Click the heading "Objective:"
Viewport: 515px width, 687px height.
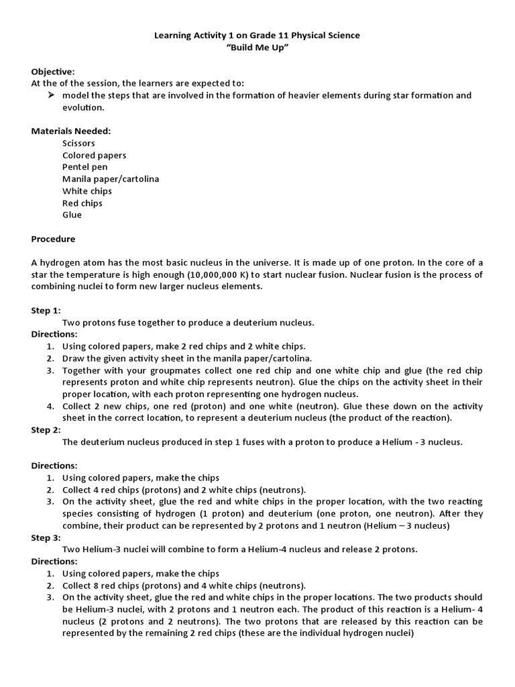click(x=53, y=71)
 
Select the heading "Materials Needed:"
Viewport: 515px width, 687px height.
click(x=71, y=131)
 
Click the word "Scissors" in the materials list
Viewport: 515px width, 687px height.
click(x=78, y=143)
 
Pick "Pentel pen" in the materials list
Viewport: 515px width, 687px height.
click(x=84, y=167)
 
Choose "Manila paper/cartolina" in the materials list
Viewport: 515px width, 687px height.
click(x=111, y=179)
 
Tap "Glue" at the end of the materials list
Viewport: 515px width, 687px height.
click(x=72, y=215)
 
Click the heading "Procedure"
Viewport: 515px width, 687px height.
click(x=54, y=239)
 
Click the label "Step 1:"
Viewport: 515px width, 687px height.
click(x=46, y=311)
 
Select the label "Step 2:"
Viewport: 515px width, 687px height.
click(x=46, y=429)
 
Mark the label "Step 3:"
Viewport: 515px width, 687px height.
click(x=46, y=537)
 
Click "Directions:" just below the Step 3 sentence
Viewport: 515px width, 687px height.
click(x=54, y=561)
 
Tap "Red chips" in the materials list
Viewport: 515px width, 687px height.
click(x=82, y=203)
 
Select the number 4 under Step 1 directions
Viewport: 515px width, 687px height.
click(x=50, y=407)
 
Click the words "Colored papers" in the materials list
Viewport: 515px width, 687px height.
click(x=94, y=155)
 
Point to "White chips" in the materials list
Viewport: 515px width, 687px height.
click(x=87, y=191)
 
